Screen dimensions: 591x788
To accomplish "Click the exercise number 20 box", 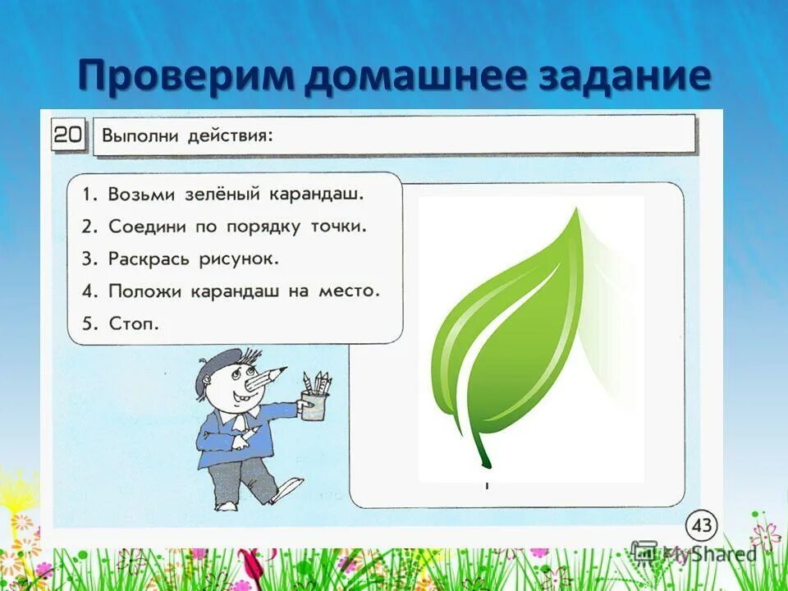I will point(69,135).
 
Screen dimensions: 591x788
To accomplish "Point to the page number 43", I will point(703,525).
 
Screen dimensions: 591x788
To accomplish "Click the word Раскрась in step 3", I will point(149,259).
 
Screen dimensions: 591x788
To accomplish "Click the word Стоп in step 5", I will point(134,323).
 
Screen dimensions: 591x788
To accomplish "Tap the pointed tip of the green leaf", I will point(578,212).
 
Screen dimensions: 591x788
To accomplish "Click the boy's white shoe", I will point(286,490).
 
